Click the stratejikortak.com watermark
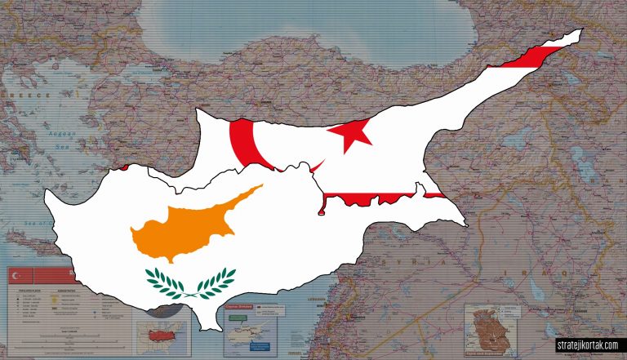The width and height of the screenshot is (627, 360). (588, 345)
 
